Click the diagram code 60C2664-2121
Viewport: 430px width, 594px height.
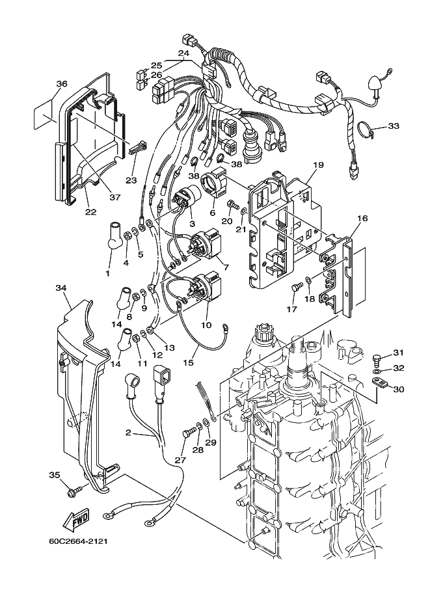78,541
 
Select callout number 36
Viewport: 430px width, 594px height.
62,84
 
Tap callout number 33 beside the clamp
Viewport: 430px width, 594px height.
394,126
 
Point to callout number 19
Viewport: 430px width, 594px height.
318,165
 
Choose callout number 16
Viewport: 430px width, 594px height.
362,218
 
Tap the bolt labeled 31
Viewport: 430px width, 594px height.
377,358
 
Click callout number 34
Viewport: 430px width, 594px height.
61,288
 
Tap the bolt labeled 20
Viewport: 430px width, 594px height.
233,206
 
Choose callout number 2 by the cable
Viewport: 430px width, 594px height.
128,432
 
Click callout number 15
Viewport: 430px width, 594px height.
188,362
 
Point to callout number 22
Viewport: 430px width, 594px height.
90,211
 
